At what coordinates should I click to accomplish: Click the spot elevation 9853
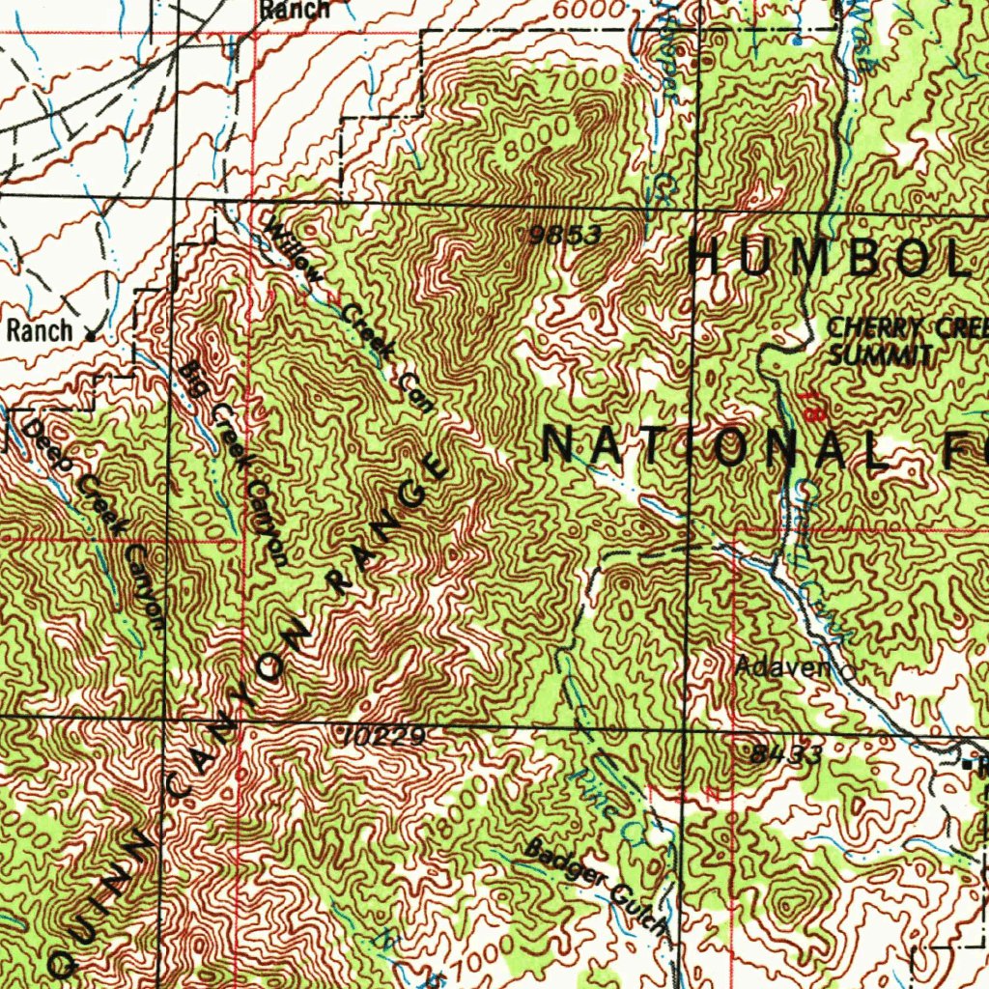(566, 235)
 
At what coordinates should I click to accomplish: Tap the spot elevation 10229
(383, 737)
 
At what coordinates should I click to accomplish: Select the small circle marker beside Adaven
(849, 668)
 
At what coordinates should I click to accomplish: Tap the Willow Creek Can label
(349, 315)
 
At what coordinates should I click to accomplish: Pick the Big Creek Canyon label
(236, 464)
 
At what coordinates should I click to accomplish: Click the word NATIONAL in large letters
(715, 449)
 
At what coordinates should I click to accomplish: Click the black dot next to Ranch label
(90, 336)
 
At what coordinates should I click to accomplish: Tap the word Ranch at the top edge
(294, 11)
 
